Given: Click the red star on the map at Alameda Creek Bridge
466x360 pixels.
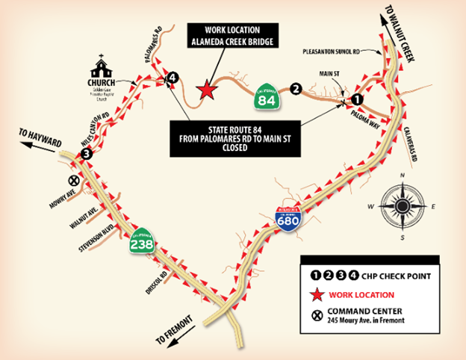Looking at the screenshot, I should point(204,91).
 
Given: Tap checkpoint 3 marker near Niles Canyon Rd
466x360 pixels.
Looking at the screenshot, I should point(87,154).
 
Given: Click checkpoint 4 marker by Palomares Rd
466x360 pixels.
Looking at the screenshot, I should point(173,77).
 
